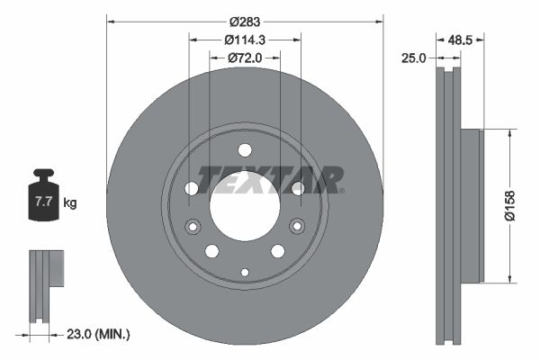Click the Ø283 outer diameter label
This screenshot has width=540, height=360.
245,21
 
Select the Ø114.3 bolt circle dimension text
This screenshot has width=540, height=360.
245,40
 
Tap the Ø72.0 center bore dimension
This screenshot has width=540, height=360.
244,58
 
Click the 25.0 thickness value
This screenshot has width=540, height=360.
413,58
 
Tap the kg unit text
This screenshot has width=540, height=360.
70,203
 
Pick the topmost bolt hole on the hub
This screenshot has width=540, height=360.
245,150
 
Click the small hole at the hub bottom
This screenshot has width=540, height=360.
245,272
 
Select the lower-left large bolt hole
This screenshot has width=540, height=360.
212,251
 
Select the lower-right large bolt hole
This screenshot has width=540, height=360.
277,251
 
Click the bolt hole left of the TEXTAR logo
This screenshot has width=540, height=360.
192,188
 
